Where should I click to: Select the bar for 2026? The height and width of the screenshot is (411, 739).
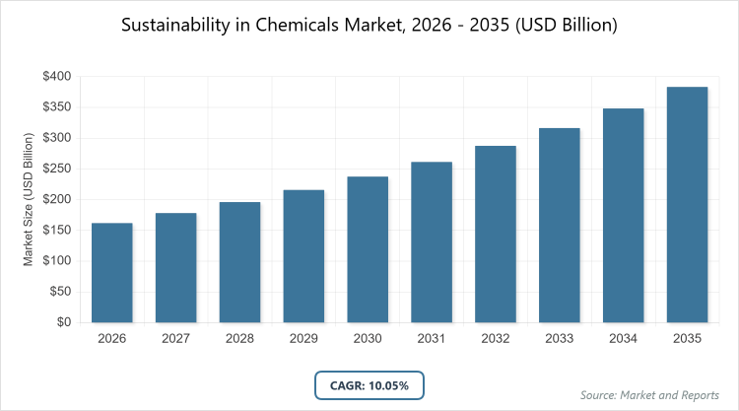(112, 272)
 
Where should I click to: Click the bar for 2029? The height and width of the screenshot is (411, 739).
(303, 256)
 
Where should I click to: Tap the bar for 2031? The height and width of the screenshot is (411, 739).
(432, 241)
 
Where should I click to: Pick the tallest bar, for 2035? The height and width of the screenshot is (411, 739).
(687, 204)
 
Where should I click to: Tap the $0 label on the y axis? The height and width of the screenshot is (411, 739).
(62, 322)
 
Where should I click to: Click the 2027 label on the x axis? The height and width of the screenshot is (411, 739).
(175, 338)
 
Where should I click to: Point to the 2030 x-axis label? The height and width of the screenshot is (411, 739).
(368, 338)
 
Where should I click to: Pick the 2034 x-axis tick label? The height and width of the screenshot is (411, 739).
(623, 338)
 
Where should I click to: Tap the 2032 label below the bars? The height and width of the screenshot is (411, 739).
(496, 338)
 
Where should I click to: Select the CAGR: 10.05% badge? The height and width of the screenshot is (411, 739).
(369, 384)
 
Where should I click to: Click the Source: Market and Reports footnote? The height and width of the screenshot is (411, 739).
(650, 395)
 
